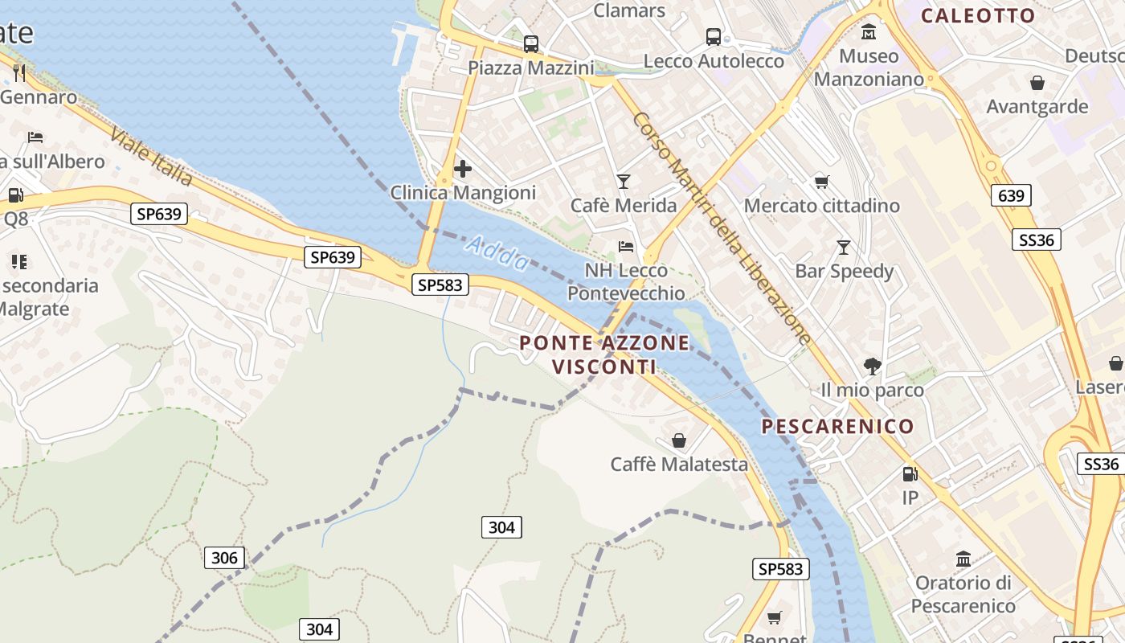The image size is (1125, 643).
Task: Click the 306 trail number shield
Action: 224,558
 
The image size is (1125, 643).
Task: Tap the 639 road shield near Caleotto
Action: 1011,195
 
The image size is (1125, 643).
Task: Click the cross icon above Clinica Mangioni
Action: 463,169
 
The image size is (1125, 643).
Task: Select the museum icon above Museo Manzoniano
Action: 869,32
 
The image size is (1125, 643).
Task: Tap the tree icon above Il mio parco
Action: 872,367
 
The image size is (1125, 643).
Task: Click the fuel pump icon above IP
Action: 910,474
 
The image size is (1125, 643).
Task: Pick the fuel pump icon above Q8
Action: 15,195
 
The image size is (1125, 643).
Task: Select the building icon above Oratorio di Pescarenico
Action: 963,559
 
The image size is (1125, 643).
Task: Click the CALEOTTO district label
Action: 978,15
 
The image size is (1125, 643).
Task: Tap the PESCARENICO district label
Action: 837,426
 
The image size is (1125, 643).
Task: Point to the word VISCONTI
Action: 603,367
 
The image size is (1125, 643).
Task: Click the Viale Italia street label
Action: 152,156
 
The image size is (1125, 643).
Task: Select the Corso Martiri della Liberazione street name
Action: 722,229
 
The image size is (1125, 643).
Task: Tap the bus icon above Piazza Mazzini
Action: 530,44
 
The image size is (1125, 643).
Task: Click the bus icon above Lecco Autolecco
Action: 713,37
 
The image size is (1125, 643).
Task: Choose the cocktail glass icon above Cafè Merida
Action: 624,182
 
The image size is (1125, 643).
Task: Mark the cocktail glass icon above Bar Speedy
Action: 844,248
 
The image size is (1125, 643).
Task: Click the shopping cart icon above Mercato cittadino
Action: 821,182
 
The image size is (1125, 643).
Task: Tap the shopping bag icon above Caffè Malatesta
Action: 679,440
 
